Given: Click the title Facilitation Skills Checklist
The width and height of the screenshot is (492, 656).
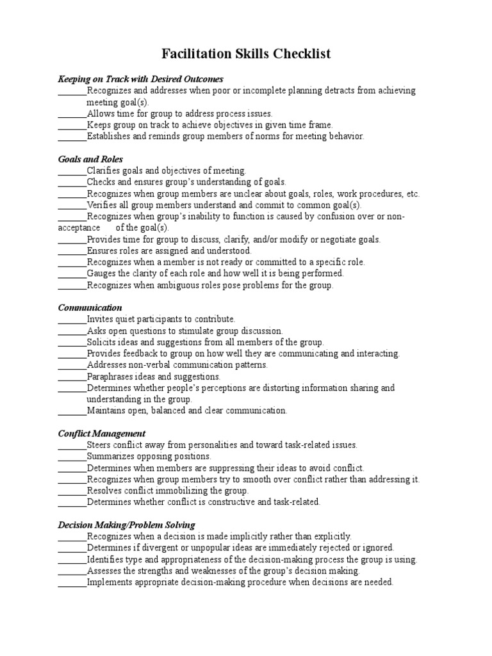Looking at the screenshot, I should point(246,54).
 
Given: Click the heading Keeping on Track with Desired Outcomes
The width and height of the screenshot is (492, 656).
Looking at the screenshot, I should point(140,79).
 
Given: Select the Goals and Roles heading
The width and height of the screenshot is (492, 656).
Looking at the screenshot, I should point(90,159).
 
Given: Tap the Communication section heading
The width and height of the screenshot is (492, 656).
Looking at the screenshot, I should point(90,307).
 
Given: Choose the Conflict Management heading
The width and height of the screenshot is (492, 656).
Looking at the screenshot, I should point(102,433).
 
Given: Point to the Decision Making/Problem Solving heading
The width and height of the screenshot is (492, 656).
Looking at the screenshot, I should point(126,525).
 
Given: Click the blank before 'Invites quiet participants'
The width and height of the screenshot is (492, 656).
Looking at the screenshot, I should point(72,319).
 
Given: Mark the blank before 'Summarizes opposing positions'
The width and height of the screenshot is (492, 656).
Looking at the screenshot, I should point(72,457).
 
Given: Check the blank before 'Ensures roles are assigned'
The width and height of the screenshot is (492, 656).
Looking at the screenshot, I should point(72,250).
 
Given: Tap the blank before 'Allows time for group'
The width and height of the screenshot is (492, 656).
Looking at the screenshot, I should point(72,113).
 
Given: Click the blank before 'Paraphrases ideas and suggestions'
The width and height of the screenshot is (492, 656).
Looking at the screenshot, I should point(72,377).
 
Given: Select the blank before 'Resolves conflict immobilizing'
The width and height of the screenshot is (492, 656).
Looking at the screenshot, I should point(72,491).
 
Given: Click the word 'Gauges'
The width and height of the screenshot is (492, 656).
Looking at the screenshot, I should point(101,274).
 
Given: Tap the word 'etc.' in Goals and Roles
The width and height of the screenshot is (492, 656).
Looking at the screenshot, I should point(413,193).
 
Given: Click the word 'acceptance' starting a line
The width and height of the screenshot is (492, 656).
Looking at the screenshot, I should point(79,227).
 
